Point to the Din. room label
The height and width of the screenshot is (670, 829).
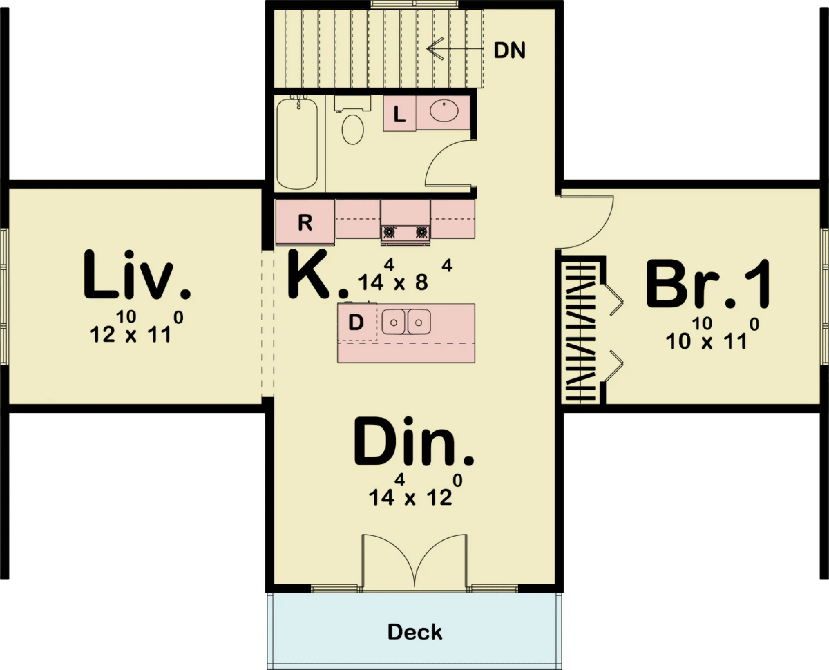414,442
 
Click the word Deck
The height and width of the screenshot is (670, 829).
415,632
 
